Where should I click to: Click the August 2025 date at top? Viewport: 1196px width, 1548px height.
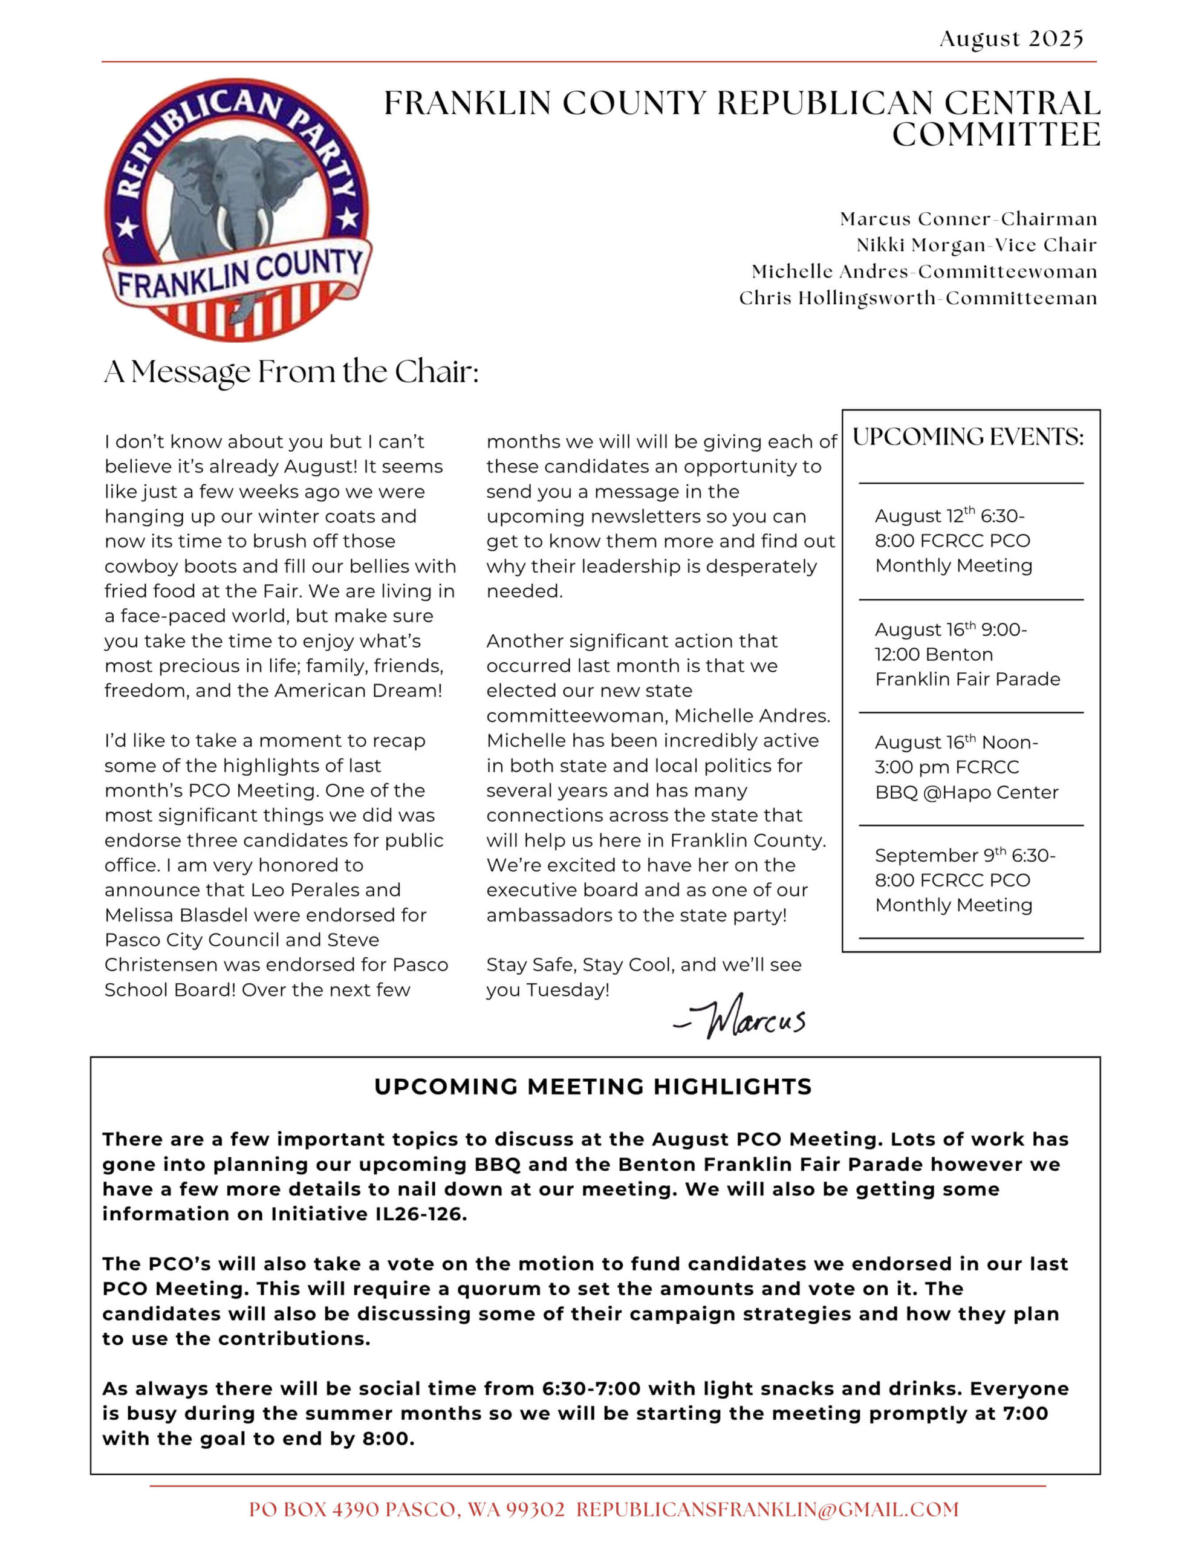click(x=1011, y=38)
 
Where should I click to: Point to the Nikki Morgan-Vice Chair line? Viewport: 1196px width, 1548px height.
click(x=977, y=246)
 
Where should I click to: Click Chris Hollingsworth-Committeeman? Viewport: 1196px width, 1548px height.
click(x=917, y=298)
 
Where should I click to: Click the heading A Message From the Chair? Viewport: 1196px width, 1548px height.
click(x=291, y=371)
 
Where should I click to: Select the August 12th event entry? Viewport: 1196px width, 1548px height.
click(x=953, y=540)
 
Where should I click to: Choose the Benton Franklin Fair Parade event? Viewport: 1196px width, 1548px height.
click(x=967, y=654)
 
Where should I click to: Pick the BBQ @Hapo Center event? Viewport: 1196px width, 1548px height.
click(x=966, y=767)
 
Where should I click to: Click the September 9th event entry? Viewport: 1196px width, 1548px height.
click(x=964, y=880)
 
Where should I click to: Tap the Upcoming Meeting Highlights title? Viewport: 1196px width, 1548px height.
click(x=593, y=1087)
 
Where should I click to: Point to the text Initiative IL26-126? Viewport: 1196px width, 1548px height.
click(x=369, y=1214)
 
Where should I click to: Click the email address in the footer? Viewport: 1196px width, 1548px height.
click(x=767, y=1510)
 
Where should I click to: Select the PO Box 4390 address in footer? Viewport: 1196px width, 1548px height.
click(x=406, y=1510)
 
